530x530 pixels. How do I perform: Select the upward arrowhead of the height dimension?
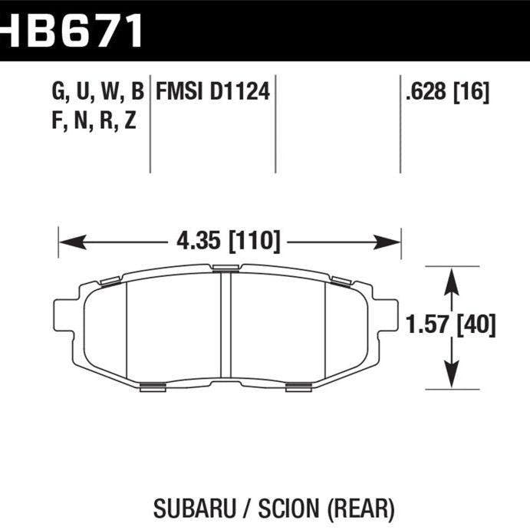coord(453,278)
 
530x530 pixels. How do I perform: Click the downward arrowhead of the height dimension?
coord(453,377)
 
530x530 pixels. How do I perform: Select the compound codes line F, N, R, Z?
coord(94,120)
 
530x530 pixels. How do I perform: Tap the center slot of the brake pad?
coord(226,325)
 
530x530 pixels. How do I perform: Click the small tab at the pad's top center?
coord(225,268)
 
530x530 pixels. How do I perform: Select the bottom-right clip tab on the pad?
coord(298,385)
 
